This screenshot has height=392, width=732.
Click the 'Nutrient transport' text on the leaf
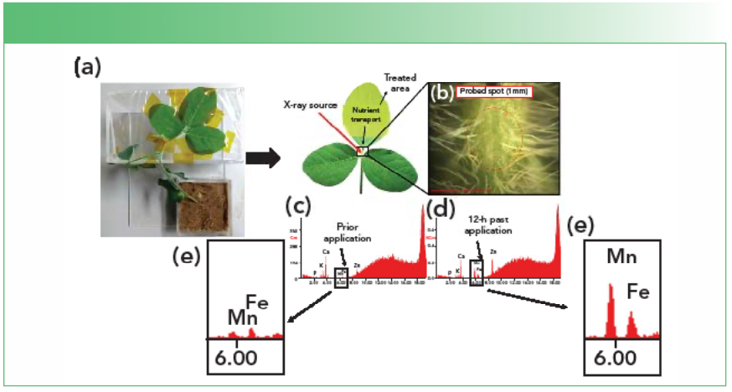[369, 116]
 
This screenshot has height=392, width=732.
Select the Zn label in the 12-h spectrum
[493, 251]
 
